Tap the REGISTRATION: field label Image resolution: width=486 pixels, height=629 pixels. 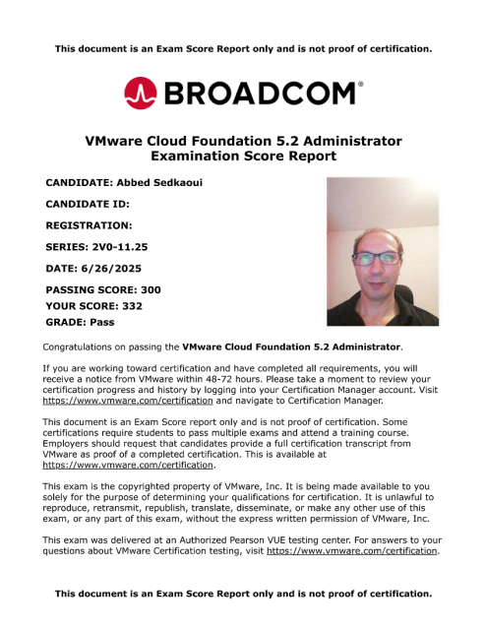point(89,225)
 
